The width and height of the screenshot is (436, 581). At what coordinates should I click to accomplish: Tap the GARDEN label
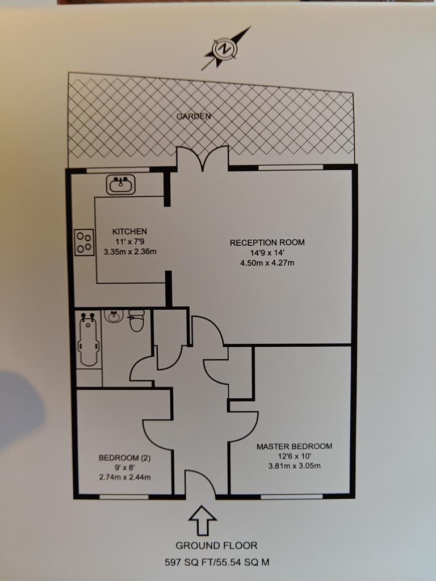coord(194,116)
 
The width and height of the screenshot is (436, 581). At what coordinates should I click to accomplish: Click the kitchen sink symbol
coord(120,184)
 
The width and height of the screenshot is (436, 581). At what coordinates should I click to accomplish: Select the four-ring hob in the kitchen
coord(85,242)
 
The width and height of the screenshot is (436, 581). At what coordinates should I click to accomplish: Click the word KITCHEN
coord(129,231)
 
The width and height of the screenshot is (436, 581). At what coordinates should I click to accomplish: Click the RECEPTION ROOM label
coord(267,242)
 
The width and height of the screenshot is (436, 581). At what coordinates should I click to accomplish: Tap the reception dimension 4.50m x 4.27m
coord(267,263)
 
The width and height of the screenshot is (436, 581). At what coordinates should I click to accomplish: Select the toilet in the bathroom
coord(136,322)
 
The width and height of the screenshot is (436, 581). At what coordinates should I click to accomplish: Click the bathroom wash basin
coord(114,315)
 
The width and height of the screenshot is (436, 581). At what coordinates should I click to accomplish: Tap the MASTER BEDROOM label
coord(294,446)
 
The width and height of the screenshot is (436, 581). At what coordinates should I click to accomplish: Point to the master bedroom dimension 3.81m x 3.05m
coord(294,466)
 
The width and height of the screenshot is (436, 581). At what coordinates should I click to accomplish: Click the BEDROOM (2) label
coord(124,457)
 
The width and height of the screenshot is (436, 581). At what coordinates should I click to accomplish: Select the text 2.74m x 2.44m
coord(124,477)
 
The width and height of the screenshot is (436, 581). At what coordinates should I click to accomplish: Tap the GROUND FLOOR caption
coord(216,546)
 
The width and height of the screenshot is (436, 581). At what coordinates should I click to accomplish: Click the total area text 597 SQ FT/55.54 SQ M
coord(216,563)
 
